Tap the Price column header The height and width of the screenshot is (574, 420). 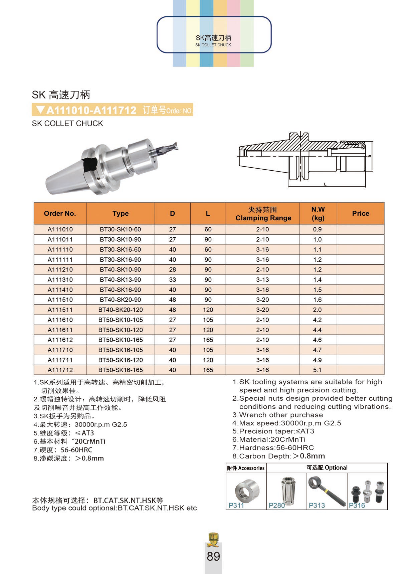point(360,213)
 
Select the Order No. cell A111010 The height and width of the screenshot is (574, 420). point(60,229)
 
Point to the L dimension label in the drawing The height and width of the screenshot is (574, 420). point(325,184)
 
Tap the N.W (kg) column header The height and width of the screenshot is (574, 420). point(318,214)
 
